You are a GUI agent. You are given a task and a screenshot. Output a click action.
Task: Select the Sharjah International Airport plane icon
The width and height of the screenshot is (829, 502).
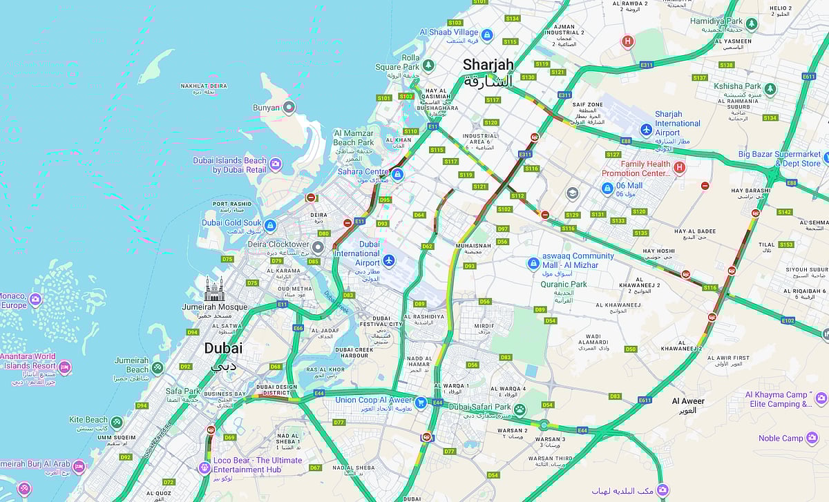[646, 129]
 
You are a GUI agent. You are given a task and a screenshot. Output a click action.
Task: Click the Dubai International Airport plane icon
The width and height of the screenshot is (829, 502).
[388, 260]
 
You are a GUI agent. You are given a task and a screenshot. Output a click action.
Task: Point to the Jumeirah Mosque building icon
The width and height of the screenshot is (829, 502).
[214, 288]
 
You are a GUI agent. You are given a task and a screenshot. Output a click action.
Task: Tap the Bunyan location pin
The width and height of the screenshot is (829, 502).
[289, 107]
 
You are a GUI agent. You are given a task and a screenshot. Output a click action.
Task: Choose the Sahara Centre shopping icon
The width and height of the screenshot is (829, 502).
[397, 174]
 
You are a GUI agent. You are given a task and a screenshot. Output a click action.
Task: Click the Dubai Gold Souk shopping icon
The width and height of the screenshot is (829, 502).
[270, 225]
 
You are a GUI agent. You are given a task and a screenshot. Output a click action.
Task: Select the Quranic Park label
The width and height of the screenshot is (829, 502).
[564, 284]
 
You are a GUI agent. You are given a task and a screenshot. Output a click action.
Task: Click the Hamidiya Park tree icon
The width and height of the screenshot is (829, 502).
[751, 24]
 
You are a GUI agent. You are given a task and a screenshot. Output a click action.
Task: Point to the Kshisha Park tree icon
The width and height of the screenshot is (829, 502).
[770, 89]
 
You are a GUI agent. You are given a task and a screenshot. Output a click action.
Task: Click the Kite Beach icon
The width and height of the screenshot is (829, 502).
[117, 421]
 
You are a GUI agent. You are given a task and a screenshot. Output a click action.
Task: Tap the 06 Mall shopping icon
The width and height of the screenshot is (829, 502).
[607, 188]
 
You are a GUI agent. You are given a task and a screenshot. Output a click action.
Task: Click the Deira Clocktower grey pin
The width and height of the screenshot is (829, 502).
[318, 247]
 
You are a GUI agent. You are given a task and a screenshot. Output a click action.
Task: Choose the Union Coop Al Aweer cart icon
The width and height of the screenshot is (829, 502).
[420, 402]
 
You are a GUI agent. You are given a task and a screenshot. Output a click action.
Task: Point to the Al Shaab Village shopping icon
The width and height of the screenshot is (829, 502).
[487, 35]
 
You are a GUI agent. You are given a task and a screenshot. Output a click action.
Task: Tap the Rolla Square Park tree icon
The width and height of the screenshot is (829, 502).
[428, 65]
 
